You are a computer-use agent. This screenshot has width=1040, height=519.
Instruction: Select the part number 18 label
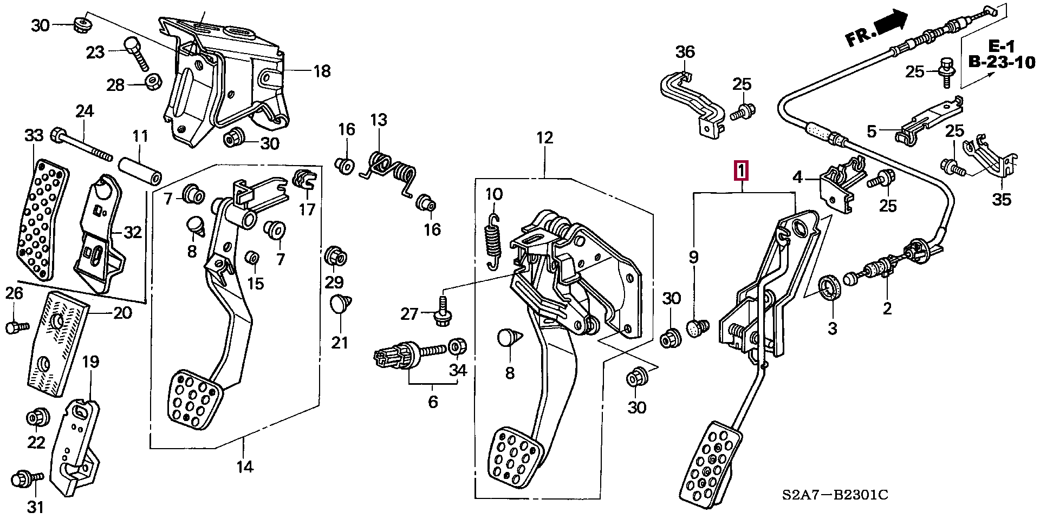(322, 71)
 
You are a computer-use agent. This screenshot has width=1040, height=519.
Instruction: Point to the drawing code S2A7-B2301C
(835, 495)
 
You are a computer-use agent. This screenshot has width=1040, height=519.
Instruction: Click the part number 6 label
(432, 402)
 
